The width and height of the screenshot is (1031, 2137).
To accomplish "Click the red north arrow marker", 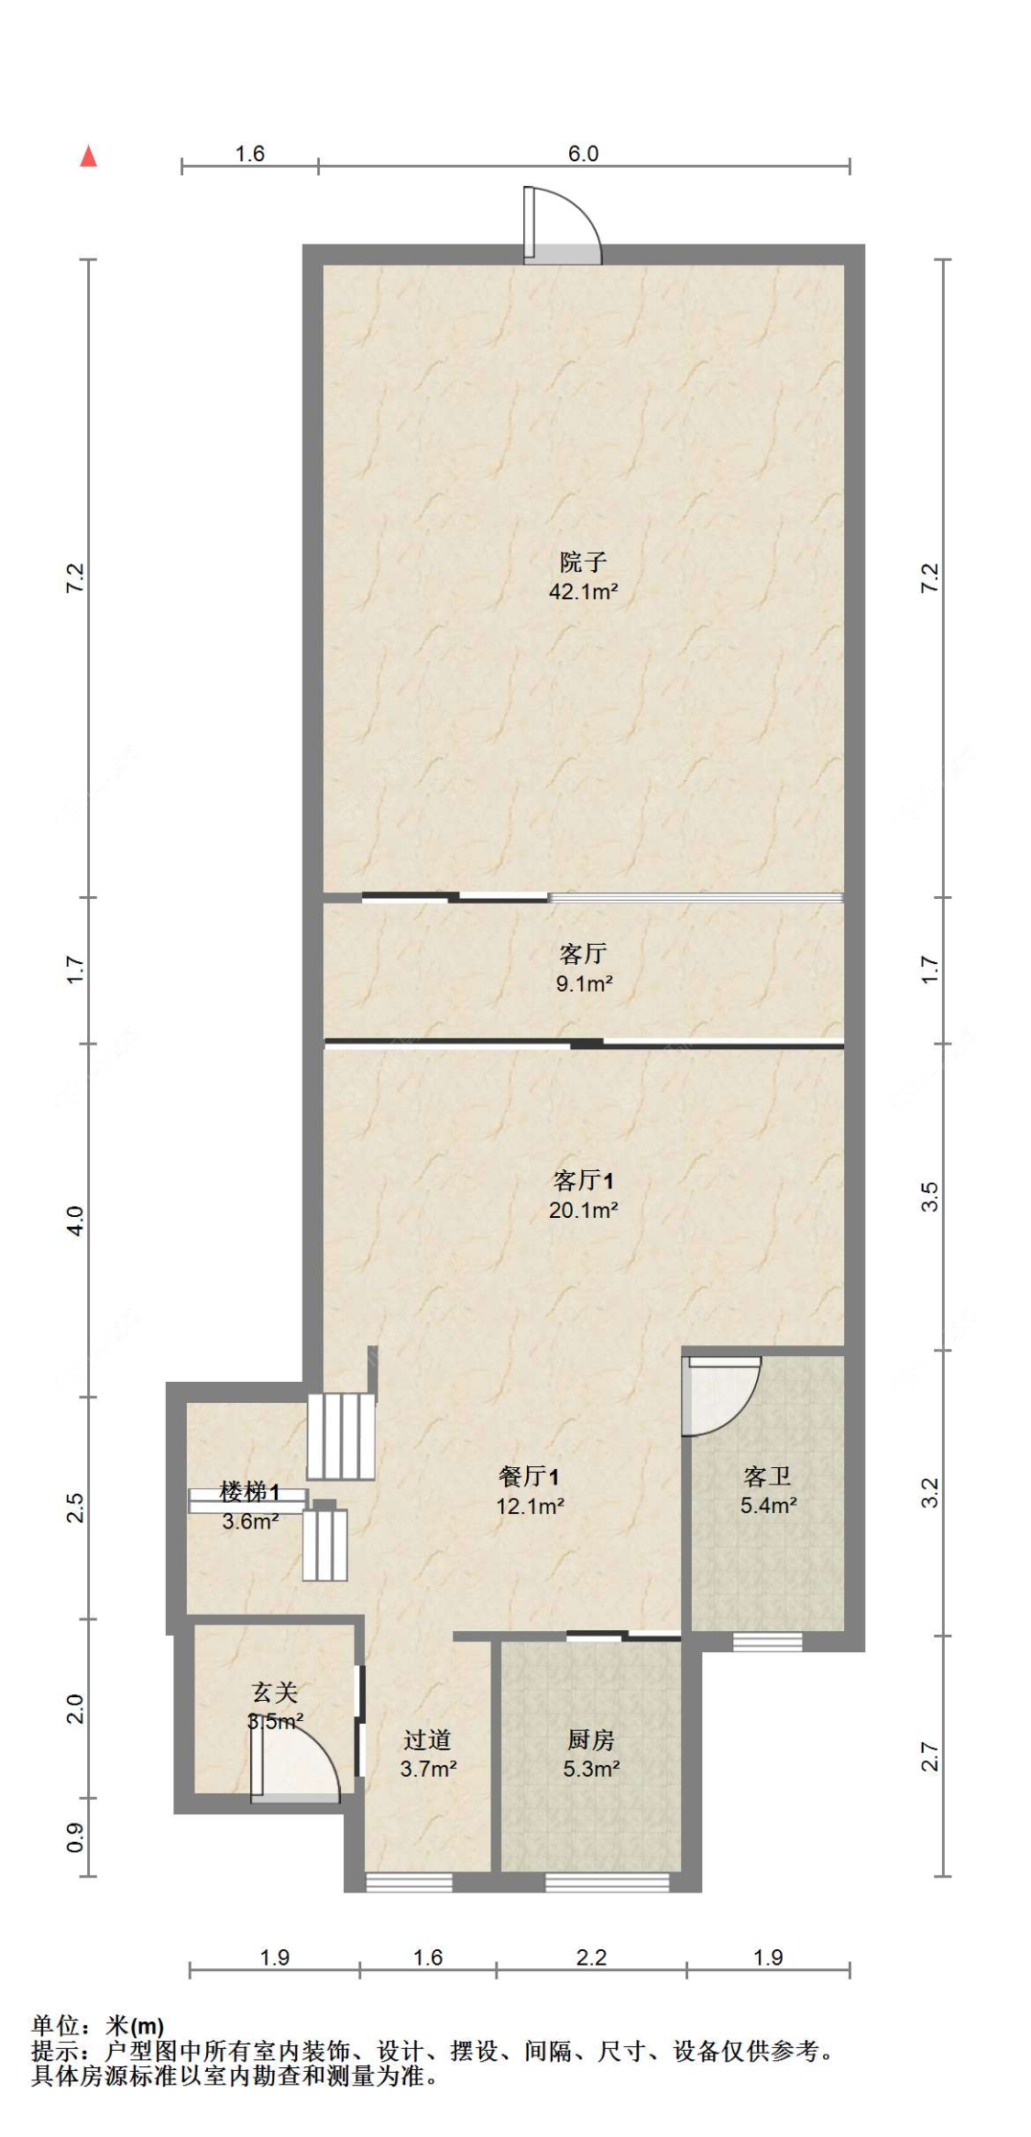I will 89,157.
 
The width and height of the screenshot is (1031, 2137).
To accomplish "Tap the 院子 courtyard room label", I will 583,561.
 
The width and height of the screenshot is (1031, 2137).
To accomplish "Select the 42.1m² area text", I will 583,591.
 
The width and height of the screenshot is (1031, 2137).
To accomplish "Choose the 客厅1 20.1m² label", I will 583,1194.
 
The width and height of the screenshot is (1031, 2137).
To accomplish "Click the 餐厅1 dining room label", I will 529,1475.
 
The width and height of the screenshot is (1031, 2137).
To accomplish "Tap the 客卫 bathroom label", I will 767,1475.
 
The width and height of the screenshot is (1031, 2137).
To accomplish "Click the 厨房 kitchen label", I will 590,1738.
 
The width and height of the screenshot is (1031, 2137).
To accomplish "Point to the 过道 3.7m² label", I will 427,1753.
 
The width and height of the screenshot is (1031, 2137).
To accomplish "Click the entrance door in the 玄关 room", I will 295,1764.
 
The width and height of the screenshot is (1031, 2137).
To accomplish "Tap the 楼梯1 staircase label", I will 249,1492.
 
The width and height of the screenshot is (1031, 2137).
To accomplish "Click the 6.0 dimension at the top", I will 583,153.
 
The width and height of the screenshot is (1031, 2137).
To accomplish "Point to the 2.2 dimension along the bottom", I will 591,1957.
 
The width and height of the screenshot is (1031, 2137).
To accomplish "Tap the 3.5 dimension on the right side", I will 929,1197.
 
